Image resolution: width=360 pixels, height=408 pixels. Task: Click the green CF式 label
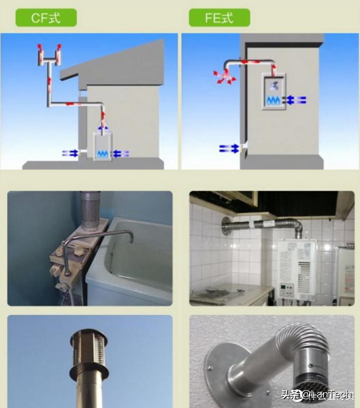point(46,17)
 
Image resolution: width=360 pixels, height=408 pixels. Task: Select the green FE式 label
point(219,17)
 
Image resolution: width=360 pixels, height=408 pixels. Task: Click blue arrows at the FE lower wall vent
point(229,148)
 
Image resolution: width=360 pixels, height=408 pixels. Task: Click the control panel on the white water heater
point(286,289)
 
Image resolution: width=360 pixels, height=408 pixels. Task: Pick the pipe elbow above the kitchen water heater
point(296,226)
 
